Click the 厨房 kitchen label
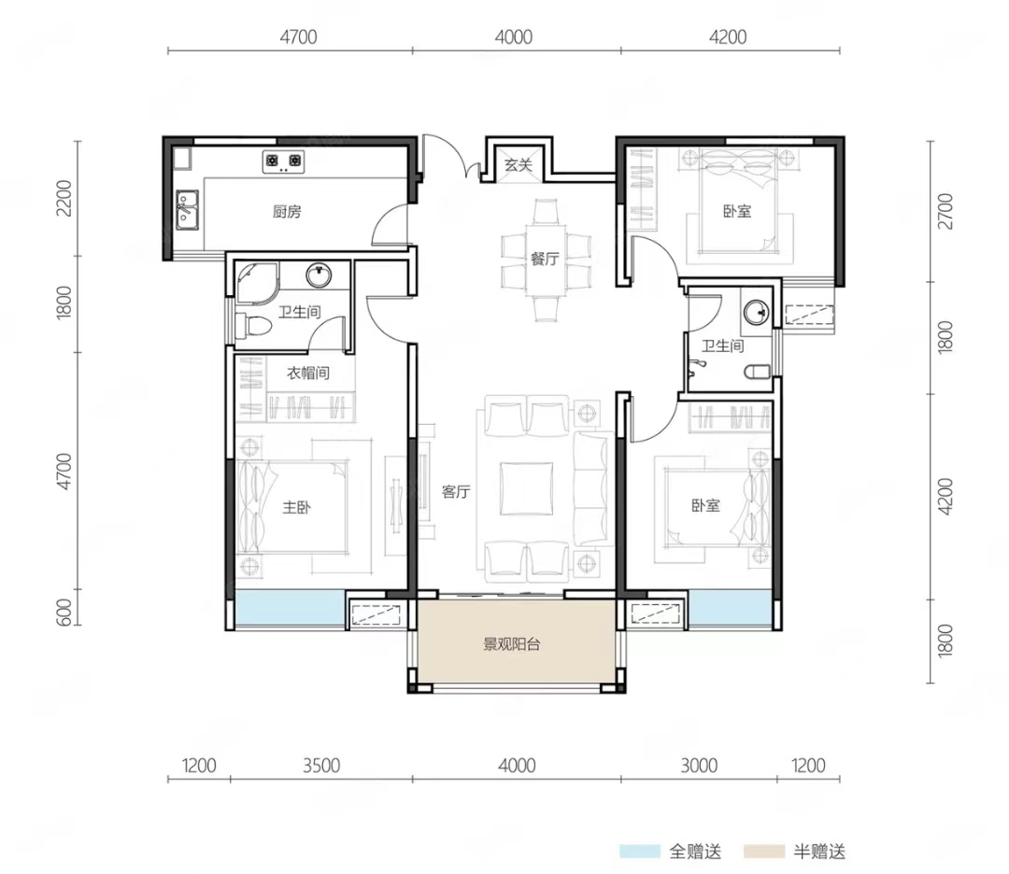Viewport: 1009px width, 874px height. (287, 211)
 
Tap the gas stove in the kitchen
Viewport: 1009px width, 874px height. (283, 161)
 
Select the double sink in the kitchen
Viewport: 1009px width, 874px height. (187, 210)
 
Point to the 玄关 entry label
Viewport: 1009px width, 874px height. (518, 164)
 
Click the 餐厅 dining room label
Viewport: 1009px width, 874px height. (545, 259)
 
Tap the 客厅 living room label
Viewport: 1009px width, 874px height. (456, 492)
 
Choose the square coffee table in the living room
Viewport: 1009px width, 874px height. (526, 488)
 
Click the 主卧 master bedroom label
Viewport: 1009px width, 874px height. (296, 507)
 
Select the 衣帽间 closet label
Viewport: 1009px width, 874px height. (308, 373)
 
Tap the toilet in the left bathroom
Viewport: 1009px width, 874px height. (253, 326)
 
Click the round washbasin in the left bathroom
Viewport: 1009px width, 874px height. (319, 275)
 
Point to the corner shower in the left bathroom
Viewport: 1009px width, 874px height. (256, 282)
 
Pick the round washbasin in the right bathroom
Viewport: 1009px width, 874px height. (756, 313)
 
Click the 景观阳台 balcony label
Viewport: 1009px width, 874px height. (512, 643)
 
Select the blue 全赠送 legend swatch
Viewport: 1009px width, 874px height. (640, 852)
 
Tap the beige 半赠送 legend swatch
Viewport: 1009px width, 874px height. (764, 852)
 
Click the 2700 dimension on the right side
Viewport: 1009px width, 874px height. (945, 211)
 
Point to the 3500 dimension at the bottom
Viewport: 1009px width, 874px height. (321, 766)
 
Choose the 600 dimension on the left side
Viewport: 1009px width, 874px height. (64, 613)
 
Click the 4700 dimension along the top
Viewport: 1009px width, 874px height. (298, 36)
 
